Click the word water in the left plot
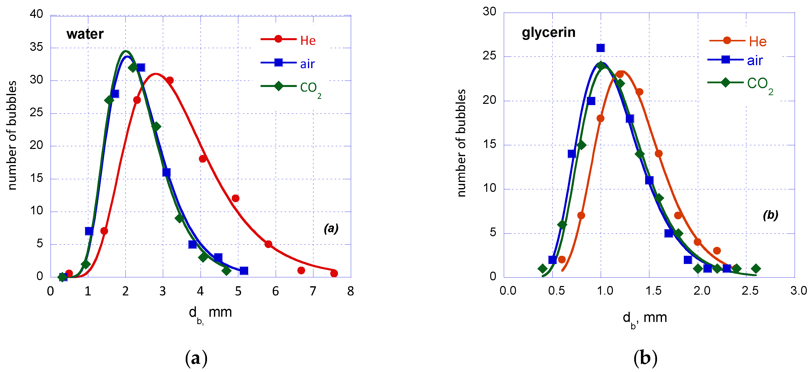85,34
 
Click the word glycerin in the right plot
548,32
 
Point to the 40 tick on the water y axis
36,14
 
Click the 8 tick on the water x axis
350,291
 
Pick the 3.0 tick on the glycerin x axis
798,290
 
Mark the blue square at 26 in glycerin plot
601,48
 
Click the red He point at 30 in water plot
170,80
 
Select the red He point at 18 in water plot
203,159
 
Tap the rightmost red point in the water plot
334,273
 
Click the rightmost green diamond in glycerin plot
756,268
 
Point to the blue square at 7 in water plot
89,231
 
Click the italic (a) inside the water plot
331,228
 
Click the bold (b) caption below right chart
645,358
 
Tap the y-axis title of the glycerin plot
461,143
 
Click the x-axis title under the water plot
210,313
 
